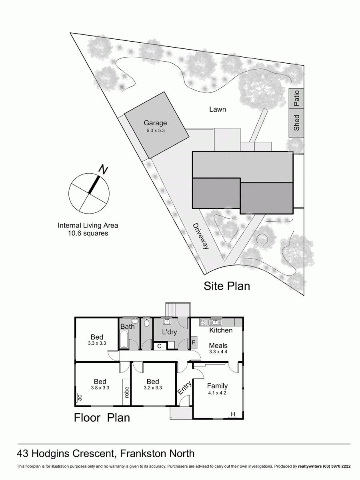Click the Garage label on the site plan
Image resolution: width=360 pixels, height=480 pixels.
[156, 123]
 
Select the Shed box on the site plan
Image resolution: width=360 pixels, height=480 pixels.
[296, 123]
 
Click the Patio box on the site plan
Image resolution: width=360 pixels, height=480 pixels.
[296, 98]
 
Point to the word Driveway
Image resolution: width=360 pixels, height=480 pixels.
[200, 236]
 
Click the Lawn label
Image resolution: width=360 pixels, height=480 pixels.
[218, 109]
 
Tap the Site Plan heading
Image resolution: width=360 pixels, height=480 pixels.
[227, 286]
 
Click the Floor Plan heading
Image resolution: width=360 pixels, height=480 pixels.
[102, 418]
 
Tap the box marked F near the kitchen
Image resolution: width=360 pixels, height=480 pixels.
[194, 342]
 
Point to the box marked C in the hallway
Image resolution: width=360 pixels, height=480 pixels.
[159, 346]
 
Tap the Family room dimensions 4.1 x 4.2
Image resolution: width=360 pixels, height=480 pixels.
[217, 393]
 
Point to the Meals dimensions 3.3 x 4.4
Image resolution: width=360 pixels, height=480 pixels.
[218, 352]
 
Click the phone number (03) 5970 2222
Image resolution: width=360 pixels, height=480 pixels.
[332, 466]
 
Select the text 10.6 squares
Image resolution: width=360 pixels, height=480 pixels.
[88, 233]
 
